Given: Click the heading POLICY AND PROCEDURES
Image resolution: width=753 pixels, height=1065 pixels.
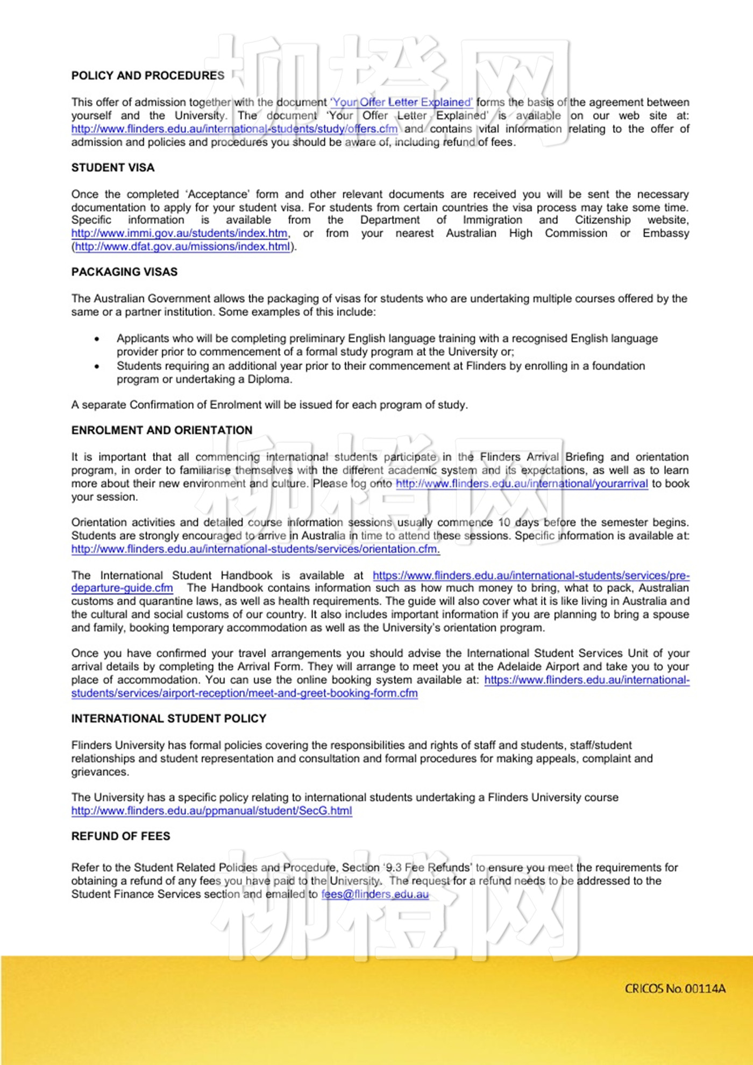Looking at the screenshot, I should tap(148, 76).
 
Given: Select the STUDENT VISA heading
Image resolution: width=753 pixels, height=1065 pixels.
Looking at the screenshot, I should tap(113, 168).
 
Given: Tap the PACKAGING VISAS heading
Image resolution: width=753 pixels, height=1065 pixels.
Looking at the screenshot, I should tap(124, 272).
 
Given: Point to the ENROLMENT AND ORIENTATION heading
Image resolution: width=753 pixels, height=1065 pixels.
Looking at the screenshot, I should tap(162, 430).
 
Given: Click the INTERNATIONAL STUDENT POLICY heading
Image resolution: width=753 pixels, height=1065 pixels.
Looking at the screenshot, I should tap(169, 719).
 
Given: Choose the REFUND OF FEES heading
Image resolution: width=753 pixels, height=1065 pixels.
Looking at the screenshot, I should tap(120, 836).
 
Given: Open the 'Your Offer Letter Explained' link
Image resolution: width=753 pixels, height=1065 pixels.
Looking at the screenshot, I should tap(402, 102).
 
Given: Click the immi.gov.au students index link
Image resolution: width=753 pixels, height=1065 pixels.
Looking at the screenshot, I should tap(180, 233).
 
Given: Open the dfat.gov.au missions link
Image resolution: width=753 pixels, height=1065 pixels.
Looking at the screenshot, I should tap(182, 247).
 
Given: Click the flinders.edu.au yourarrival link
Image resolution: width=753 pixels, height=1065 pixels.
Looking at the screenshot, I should tap(522, 484).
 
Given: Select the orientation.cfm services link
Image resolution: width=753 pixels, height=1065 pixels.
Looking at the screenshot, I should tap(255, 549).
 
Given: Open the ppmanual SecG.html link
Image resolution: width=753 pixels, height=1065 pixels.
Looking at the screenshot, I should tap(211, 811).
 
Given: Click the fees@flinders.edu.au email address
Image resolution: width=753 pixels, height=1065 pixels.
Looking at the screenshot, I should tap(375, 894).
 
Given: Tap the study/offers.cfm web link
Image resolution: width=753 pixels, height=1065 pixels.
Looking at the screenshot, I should tap(235, 129).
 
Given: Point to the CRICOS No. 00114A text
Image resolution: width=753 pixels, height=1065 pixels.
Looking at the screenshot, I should tap(675, 989).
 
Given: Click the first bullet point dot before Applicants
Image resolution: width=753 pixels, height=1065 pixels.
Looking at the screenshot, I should tap(97, 339).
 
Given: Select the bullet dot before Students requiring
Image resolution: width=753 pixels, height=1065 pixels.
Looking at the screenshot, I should tap(97, 366).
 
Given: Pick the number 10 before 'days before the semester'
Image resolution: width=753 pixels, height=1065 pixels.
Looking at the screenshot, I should tap(504, 522).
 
